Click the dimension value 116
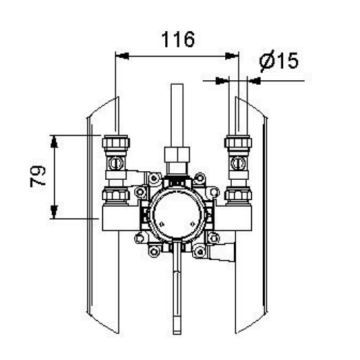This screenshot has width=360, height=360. (x=178, y=40)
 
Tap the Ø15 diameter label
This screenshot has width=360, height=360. (x=279, y=61)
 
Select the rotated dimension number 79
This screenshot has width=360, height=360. (x=39, y=177)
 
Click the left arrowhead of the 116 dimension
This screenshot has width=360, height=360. (x=122, y=56)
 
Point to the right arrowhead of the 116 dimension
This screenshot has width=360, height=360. (x=232, y=56)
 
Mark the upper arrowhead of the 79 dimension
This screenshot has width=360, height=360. (x=54, y=141)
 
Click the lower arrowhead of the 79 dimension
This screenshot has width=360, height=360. (x=54, y=212)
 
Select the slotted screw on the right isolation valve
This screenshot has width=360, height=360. (x=238, y=163)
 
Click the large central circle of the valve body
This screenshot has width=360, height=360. (x=177, y=215)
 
